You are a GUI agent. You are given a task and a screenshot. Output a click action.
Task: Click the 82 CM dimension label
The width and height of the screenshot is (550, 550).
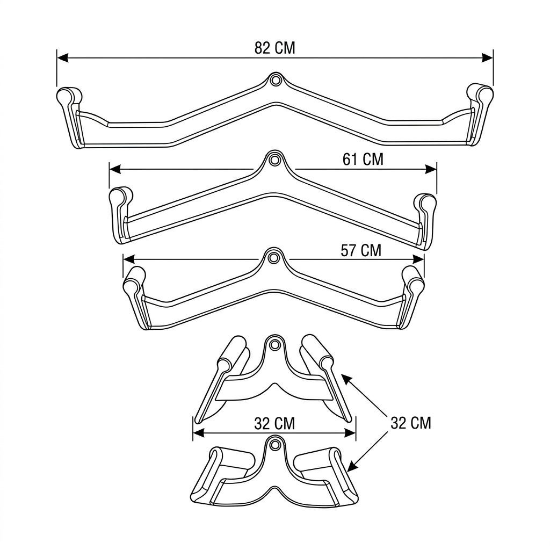coord(274,48)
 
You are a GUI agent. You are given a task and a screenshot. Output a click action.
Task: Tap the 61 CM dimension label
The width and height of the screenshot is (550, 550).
coord(363,159)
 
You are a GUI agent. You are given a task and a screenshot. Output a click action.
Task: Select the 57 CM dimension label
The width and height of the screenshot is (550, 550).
coord(360,250)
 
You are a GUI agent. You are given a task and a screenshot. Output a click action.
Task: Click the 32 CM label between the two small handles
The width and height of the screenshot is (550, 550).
coord(274,423)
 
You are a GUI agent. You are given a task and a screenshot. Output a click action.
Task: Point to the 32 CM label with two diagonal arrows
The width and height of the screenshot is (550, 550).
coord(411,423)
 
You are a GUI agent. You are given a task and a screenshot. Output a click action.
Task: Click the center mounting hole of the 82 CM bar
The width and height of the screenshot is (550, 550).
coord(276,80)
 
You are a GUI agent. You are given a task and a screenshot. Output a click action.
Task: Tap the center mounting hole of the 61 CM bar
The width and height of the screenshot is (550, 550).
coord(275,160)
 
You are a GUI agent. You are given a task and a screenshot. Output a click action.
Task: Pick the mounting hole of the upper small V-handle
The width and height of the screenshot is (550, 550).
coord(274,344)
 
